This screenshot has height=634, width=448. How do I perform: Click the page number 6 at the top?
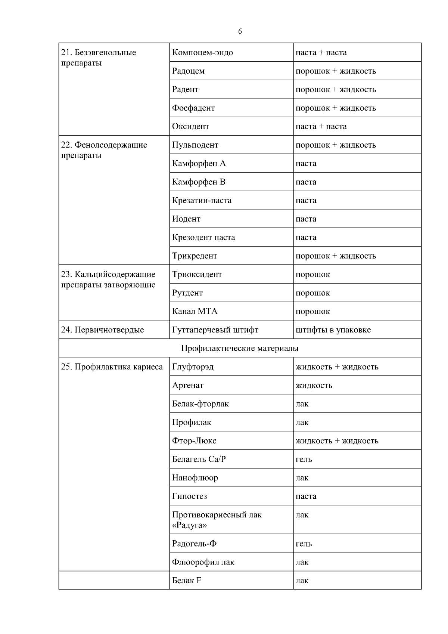[240, 31]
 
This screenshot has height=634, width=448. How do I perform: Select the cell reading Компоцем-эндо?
[202, 53]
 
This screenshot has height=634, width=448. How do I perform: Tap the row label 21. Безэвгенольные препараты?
[99, 58]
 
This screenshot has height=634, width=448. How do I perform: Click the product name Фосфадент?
[193, 108]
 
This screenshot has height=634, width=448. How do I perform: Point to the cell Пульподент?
[195, 145]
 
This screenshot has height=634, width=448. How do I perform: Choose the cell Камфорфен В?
[199, 182]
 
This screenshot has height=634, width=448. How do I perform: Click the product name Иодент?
[186, 219]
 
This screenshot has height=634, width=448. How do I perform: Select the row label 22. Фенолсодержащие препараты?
[104, 150]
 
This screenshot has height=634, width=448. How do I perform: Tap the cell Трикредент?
[194, 256]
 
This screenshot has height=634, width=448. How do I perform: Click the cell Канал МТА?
[195, 311]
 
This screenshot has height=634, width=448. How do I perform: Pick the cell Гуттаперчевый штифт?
[215, 330]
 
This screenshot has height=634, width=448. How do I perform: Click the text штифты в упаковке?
[333, 330]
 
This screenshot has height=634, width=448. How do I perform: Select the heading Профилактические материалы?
[240, 348]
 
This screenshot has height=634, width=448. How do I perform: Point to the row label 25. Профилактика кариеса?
[112, 367]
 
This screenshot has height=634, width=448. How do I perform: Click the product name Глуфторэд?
[193, 367]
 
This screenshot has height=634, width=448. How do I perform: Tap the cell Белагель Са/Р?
[199, 459]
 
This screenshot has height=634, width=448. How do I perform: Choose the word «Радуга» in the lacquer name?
[189, 525]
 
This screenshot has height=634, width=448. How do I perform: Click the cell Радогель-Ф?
[194, 544]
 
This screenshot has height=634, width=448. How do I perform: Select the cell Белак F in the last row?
[187, 581]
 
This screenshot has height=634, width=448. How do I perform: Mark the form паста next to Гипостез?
[306, 496]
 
